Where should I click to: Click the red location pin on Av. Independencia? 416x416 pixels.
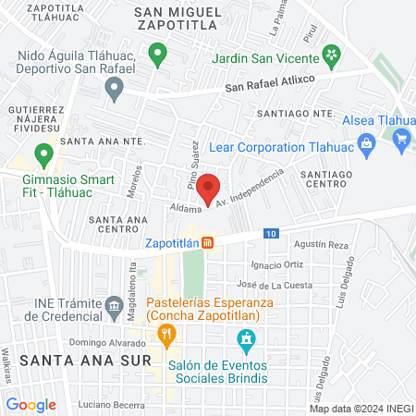(210, 188)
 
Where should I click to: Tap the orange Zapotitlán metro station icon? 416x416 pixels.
(209, 243)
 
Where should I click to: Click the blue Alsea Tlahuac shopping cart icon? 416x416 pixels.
(401, 140)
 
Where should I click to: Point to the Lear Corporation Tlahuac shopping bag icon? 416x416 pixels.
(366, 143)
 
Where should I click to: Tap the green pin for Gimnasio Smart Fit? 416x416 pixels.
(43, 153)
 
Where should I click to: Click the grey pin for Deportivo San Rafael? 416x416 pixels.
(115, 90)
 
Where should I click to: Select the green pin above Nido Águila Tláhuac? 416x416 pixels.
(158, 53)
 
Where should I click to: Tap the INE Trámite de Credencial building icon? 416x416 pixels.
(114, 304)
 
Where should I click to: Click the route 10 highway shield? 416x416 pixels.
(270, 233)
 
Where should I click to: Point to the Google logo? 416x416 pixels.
(31, 404)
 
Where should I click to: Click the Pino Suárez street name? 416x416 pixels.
(196, 166)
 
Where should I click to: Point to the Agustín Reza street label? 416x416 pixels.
(321, 245)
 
